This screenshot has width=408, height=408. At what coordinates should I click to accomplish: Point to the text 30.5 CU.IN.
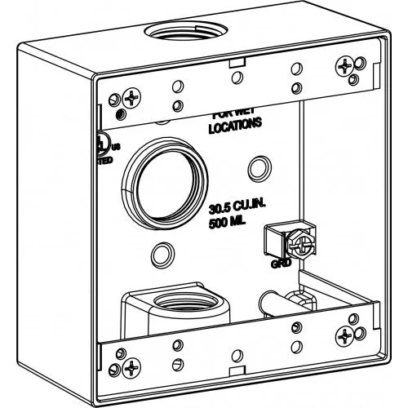point(237,208)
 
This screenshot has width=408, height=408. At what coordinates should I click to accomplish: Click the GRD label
point(279,264)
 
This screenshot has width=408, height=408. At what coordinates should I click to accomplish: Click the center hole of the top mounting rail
point(236,77)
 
